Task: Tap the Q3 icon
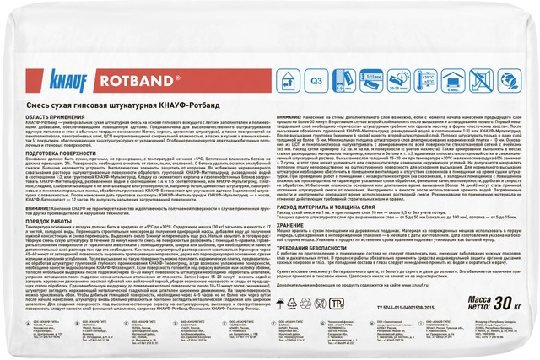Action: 317,81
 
